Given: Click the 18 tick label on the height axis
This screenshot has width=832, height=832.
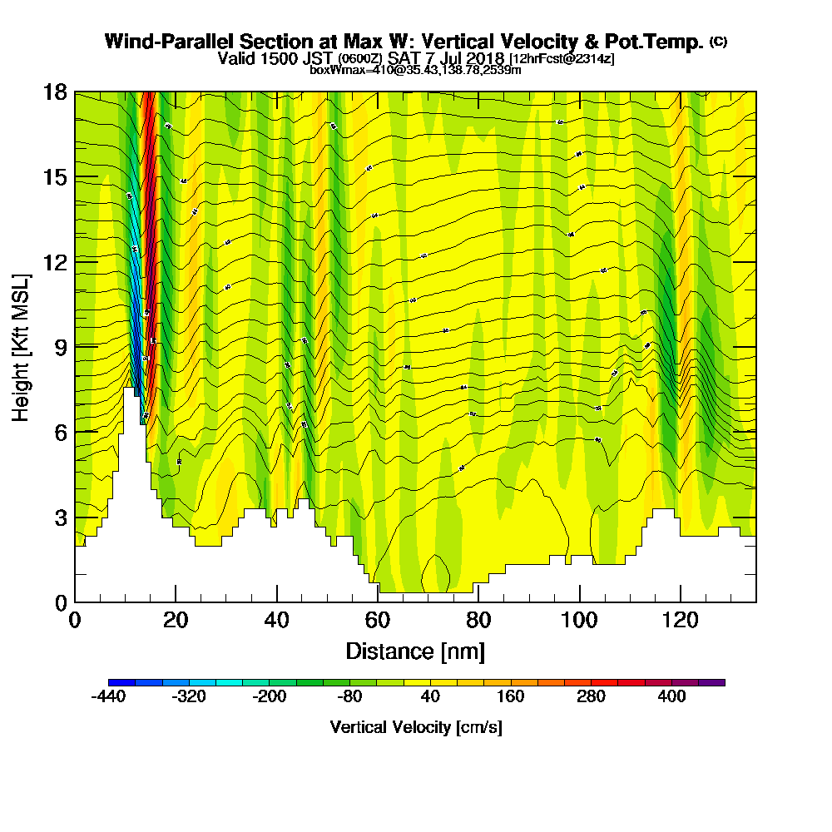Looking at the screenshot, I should tap(54, 92).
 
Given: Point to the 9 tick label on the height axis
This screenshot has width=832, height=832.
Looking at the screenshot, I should tap(60, 346).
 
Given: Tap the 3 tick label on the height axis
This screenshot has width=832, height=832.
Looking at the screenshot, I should tap(60, 517).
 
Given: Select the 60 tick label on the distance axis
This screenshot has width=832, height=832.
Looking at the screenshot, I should tap(378, 621).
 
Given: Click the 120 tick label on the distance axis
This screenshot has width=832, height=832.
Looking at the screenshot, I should tap(681, 621).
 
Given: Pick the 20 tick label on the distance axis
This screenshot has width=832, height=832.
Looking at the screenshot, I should tap(176, 621).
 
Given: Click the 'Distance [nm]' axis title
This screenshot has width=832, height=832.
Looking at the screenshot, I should tap(415, 650).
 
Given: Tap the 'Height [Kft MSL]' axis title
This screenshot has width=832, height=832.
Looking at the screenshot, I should tap(22, 346).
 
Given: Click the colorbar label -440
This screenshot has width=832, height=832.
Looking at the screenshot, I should tap(107, 696).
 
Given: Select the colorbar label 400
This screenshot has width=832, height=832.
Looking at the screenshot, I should tap(672, 696).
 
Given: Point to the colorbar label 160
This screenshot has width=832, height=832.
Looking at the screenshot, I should tap(511, 696).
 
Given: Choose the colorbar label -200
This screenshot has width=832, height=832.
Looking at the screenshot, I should tap(269, 696).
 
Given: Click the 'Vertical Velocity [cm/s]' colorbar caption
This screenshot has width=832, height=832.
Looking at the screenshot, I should tap(416, 727).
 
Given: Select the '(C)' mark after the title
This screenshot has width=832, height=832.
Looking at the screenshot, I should tap(719, 42).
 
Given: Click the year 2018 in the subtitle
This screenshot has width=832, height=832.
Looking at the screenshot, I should tap(485, 59).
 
